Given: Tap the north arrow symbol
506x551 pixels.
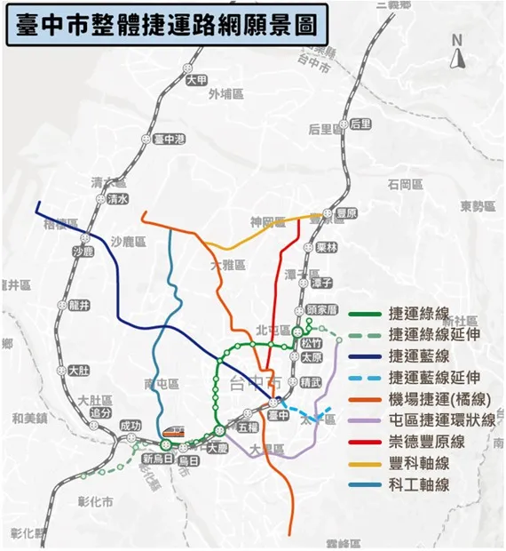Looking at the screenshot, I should pyautogui.click(x=458, y=53).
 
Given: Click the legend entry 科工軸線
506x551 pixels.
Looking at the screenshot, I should pyautogui.click(x=419, y=484).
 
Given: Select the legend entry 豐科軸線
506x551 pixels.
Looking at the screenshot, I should pyautogui.click(x=419, y=463).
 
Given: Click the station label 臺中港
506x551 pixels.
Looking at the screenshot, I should pyautogui.click(x=169, y=140).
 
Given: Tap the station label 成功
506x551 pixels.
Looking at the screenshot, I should pyautogui.click(x=130, y=426).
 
